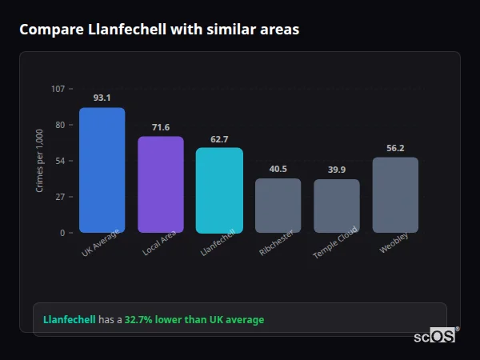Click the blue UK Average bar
102,170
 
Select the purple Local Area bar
161,185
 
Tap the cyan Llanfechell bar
219,190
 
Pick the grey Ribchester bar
278,206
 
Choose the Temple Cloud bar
337,206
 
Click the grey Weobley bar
395,195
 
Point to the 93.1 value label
102,98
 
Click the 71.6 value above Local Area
161,127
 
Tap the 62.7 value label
219,139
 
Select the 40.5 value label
278,169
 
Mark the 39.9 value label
337,170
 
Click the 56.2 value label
395,148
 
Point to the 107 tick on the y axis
58,89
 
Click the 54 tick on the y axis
60,161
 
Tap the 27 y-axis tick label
60,197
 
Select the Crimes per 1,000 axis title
40,160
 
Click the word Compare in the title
50,30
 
